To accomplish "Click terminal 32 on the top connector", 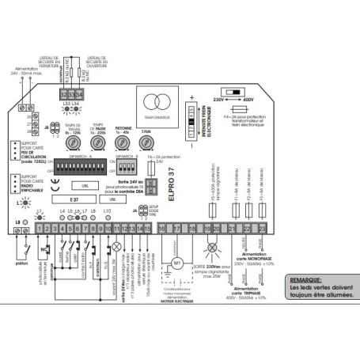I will (63, 95).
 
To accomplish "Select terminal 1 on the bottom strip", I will (40, 228).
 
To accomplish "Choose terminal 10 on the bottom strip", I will (110, 228).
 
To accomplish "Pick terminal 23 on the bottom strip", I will (262, 228).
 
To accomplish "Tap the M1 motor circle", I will (177, 262).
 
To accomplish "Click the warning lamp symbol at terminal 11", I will (118, 246).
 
